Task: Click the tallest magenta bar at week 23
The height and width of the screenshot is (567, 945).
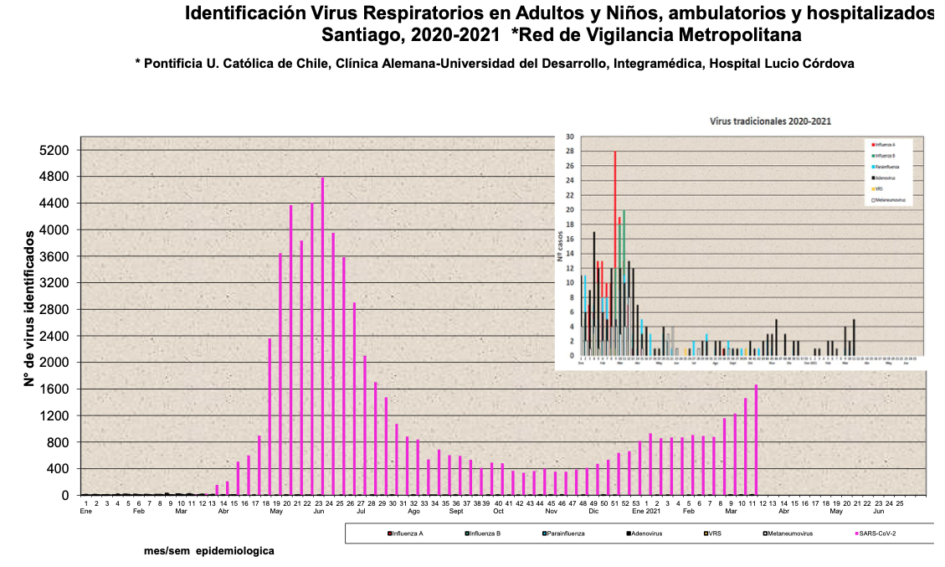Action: click(322, 335)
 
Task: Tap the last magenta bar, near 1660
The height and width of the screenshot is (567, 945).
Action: click(756, 440)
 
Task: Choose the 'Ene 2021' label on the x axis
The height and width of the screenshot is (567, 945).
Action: click(646, 511)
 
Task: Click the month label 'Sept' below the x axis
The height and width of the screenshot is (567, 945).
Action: click(456, 511)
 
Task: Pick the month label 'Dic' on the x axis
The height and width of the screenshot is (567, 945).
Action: click(594, 511)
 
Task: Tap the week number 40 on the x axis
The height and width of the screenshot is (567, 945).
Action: click(498, 503)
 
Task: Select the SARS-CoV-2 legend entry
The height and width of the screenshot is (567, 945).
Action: click(879, 533)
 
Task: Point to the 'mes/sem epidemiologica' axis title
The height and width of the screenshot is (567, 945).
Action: click(208, 551)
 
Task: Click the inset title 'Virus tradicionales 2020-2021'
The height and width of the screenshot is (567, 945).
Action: click(770, 121)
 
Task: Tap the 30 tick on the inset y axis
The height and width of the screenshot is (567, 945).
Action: click(570, 137)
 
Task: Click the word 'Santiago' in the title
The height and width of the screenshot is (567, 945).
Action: click(357, 35)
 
